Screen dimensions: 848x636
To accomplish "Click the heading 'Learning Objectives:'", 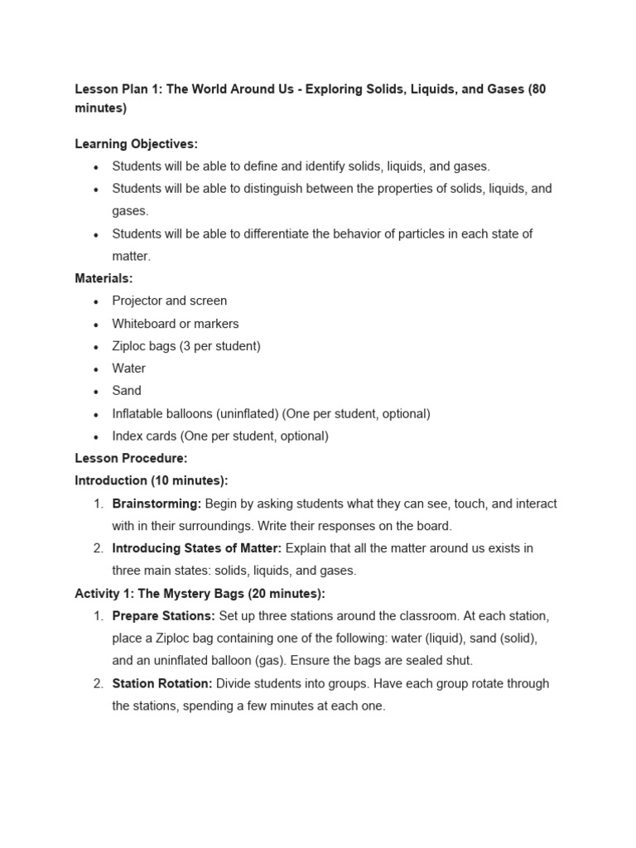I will (136, 144).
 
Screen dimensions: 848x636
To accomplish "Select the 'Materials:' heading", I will (104, 278).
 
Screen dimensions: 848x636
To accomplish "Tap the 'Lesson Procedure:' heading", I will (131, 458).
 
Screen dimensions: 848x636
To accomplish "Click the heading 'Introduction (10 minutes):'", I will (151, 480).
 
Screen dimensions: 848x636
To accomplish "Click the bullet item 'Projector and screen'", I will (169, 301).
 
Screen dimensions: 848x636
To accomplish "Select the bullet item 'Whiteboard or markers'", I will (175, 324).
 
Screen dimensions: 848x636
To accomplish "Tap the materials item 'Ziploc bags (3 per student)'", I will (186, 346).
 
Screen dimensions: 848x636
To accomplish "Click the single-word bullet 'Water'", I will (128, 369).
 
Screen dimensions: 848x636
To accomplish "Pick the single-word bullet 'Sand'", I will (127, 391).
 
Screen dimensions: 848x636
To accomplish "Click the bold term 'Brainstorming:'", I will (157, 503).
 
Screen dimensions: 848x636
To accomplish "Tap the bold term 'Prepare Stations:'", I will (163, 616).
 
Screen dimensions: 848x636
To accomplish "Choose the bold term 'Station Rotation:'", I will (162, 683).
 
